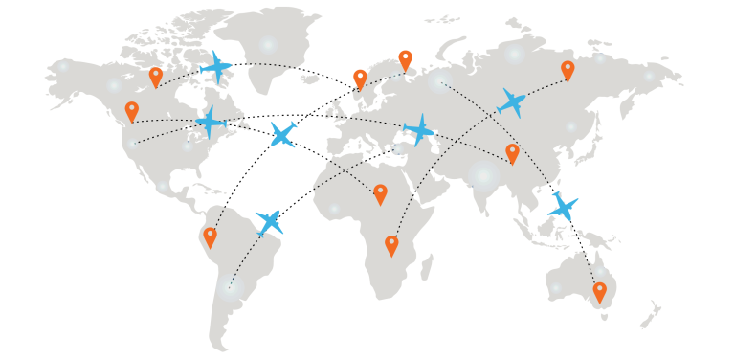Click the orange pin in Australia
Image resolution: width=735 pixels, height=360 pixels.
(600, 291)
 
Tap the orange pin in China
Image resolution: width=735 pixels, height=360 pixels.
(512, 152)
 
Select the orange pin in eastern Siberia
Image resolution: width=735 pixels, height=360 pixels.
(568, 70)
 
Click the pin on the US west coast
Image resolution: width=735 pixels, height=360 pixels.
(132, 111)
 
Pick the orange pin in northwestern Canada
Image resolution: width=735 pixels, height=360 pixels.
(156, 76)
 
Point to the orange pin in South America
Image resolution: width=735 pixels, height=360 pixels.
(210, 236)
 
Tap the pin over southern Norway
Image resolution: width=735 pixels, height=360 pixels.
(360, 78)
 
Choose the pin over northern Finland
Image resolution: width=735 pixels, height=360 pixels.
(405, 59)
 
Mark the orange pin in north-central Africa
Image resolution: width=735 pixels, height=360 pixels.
(380, 193)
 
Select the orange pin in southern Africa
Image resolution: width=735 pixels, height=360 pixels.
(391, 244)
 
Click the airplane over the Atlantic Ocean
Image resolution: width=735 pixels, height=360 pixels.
(282, 134)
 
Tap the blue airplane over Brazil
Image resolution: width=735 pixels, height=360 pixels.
(269, 222)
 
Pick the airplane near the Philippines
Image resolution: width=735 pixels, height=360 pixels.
(563, 206)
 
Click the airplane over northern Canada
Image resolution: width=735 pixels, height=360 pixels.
(216, 67)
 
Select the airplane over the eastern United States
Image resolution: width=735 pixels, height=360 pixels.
(211, 123)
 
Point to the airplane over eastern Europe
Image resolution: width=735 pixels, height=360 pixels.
(419, 129)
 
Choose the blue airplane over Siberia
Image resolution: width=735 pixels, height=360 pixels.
(512, 101)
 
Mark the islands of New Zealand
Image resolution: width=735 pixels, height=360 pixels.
(653, 314)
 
